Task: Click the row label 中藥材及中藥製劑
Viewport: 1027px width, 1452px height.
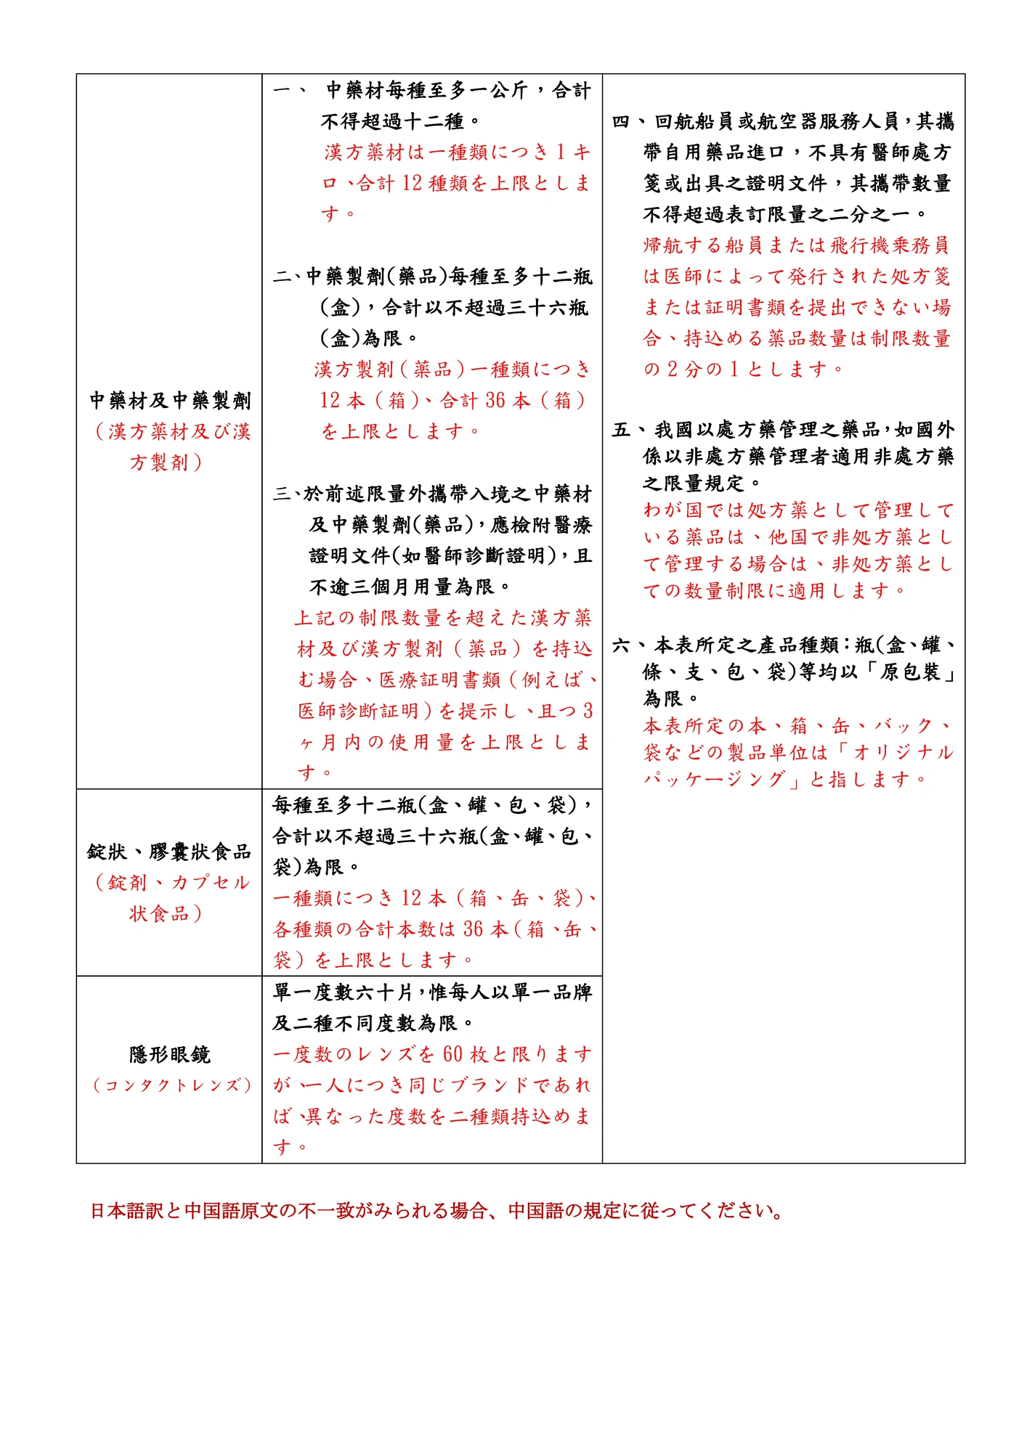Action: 170,400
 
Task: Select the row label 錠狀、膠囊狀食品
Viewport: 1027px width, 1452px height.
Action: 169,851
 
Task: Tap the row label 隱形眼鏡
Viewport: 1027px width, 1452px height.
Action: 170,1054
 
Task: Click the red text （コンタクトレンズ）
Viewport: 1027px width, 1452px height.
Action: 171,1085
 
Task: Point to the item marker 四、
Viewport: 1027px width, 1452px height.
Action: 625,121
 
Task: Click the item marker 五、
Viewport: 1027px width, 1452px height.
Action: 625,430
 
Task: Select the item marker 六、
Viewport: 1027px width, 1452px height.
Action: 625,645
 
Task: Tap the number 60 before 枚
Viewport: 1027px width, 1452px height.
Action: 452,1053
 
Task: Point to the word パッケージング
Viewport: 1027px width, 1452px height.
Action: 714,780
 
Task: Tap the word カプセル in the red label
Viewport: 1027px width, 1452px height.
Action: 211,882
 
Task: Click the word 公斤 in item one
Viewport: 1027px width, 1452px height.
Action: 508,90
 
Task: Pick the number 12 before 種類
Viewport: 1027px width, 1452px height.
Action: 412,183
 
